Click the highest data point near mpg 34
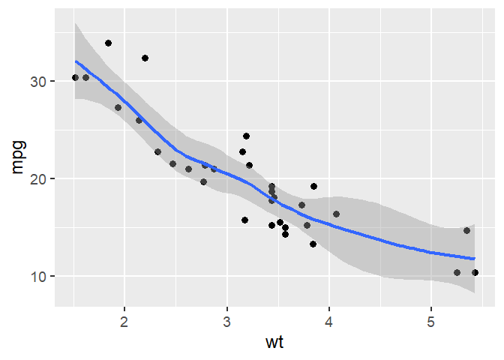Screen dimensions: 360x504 point(108,43)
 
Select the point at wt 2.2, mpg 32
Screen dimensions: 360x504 point(145,58)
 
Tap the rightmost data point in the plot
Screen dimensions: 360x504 point(475,272)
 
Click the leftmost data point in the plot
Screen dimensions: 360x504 point(75,77)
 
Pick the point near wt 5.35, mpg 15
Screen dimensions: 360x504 point(466,230)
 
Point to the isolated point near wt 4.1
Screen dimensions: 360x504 point(336,214)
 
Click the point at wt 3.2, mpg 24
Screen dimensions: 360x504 point(246,136)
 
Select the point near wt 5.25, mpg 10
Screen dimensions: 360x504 point(457,272)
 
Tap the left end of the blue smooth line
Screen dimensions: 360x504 point(75,61)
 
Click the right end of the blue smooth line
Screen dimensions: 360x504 point(475,259)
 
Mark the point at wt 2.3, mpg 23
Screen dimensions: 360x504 point(157,151)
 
